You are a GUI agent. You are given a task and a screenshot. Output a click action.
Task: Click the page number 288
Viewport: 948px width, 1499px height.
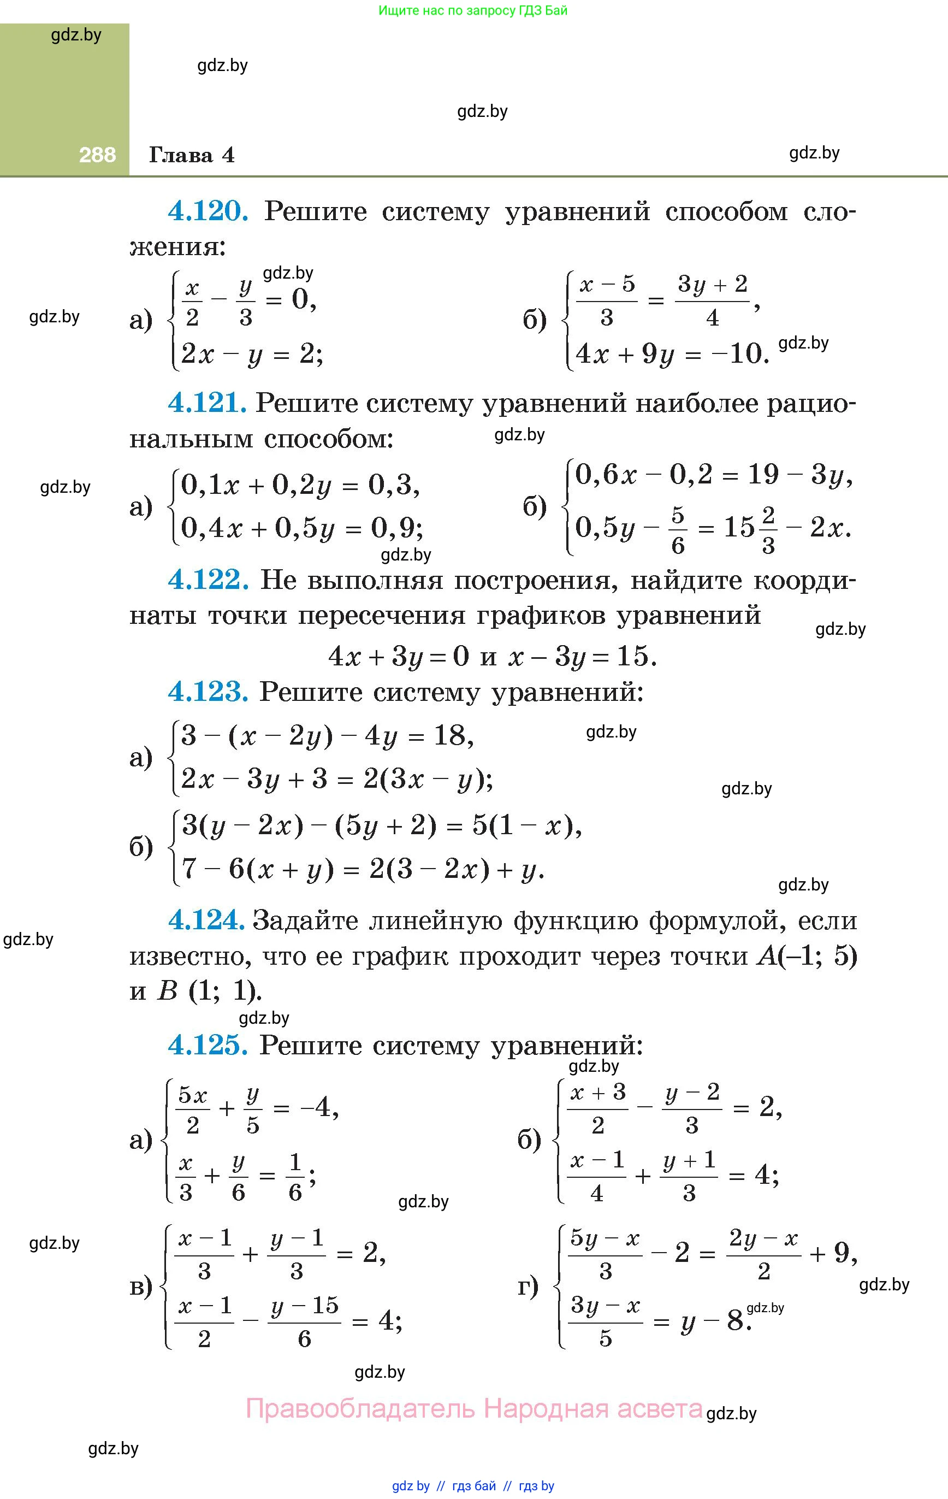[97, 155]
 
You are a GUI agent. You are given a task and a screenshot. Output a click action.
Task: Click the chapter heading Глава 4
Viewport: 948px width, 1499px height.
[192, 155]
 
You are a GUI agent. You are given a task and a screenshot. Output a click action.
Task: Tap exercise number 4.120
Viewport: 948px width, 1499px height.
[208, 211]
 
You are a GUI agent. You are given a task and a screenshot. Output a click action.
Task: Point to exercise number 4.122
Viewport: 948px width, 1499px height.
[208, 580]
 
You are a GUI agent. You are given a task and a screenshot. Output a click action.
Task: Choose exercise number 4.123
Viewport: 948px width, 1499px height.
[208, 692]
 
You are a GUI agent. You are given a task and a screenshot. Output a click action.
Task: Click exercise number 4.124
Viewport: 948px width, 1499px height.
[206, 920]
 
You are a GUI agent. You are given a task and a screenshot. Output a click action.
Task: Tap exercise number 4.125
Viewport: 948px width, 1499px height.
[208, 1045]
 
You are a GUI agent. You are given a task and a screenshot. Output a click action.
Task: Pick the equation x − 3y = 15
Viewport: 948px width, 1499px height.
[582, 656]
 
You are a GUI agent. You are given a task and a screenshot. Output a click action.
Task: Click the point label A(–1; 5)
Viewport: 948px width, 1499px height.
[807, 955]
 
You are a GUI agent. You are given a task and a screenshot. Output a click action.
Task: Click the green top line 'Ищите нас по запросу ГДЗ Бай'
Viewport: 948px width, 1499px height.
[473, 10]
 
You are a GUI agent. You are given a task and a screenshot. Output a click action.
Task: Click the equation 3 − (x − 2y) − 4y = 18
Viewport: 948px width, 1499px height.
[327, 736]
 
